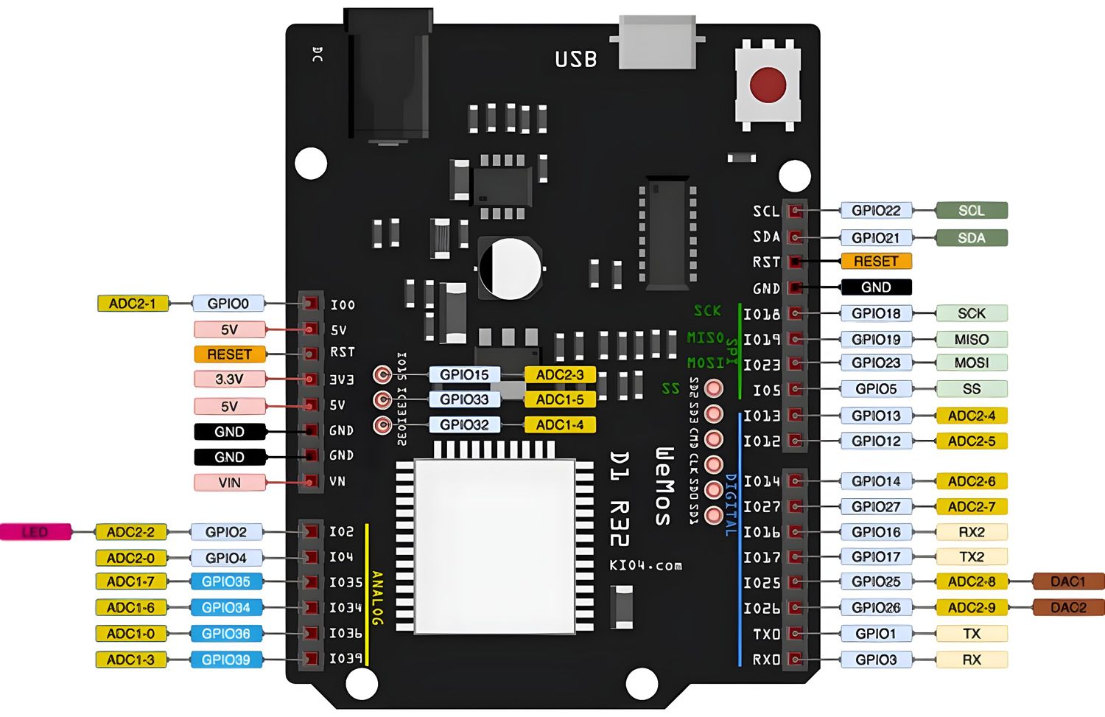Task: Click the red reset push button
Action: (768, 84)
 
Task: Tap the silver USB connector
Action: (657, 43)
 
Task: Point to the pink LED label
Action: (35, 532)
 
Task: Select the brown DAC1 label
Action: (1068, 581)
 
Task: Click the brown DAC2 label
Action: (1068, 607)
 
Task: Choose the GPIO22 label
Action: (876, 211)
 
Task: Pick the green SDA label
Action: (971, 238)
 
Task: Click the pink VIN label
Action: (229, 483)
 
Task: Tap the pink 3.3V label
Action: (229, 380)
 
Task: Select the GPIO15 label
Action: (464, 375)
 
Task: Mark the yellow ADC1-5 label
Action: (560, 399)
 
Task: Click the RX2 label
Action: (971, 532)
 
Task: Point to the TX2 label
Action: (971, 557)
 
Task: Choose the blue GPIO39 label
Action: (226, 660)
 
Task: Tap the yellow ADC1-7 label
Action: (131, 581)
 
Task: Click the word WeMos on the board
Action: (663, 486)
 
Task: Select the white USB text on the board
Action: (575, 59)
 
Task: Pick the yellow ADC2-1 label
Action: (133, 304)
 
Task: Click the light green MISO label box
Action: (971, 340)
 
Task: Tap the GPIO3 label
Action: (876, 660)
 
